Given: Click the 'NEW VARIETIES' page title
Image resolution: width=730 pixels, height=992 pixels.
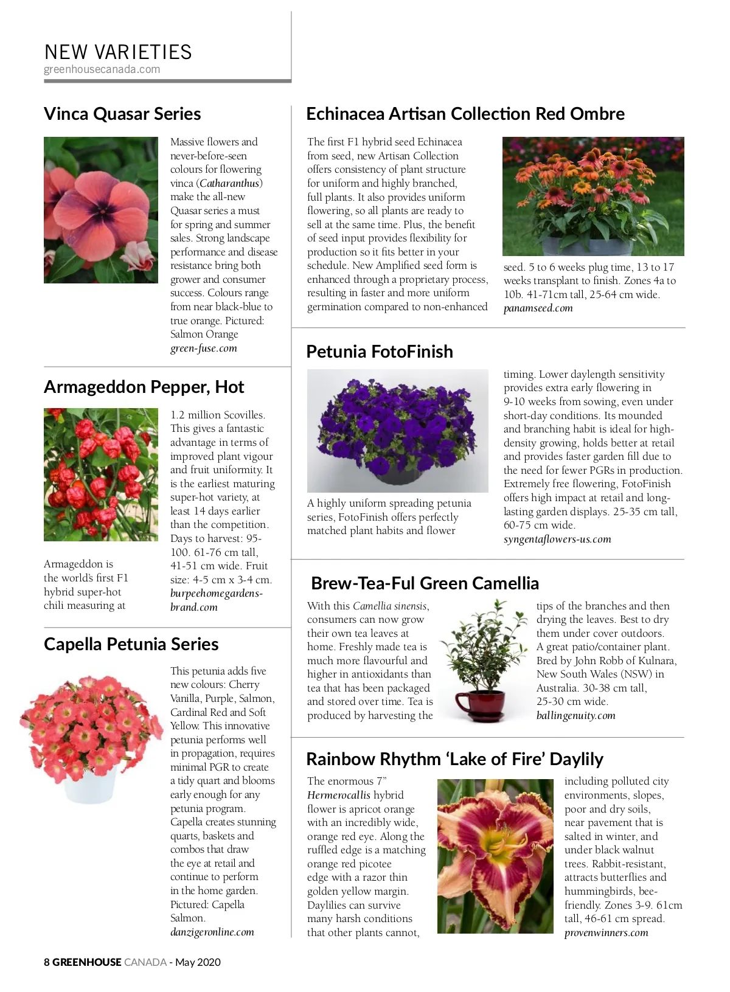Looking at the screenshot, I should coord(118,52).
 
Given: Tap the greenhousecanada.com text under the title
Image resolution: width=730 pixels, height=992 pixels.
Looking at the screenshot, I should coord(102,69).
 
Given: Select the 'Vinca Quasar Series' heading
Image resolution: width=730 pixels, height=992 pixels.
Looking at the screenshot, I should coord(122,114).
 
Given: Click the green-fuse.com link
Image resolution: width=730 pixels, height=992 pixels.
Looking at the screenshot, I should coord(203,349).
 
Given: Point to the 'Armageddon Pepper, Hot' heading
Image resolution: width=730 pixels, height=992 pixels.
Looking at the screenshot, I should coord(144,387).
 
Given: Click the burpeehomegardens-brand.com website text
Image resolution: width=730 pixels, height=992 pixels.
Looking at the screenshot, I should coord(216,600).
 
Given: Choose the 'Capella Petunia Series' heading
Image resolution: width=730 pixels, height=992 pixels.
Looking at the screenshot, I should coord(131,644).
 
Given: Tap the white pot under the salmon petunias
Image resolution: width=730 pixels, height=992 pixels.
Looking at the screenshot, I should coord(89,785).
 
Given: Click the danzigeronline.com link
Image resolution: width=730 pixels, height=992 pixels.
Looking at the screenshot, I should coord(212,932).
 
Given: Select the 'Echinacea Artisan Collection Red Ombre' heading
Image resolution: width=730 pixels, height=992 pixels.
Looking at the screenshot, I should coord(465,114).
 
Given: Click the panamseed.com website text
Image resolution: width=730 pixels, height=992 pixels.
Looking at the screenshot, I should coord(538,308).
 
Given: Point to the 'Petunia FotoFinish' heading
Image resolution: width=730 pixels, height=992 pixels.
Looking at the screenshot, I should coord(380,352).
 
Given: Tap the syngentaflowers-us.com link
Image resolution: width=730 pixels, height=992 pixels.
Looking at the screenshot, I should coord(557,539).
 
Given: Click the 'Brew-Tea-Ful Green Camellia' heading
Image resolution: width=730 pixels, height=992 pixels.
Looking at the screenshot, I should coord(425,583).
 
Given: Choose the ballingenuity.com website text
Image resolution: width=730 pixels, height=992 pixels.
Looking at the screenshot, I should coord(575,715).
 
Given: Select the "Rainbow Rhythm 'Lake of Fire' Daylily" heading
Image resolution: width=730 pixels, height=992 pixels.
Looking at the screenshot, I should coord(454,759).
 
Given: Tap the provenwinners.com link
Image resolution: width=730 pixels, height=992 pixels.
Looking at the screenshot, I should coord(606,932).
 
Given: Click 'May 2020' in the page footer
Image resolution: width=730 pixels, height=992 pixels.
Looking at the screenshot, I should coord(198,962).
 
